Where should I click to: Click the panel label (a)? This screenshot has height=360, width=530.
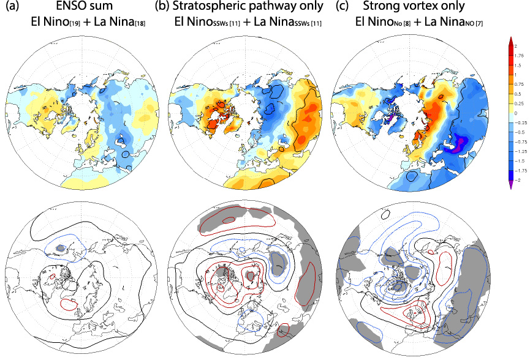(x=10, y=8)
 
